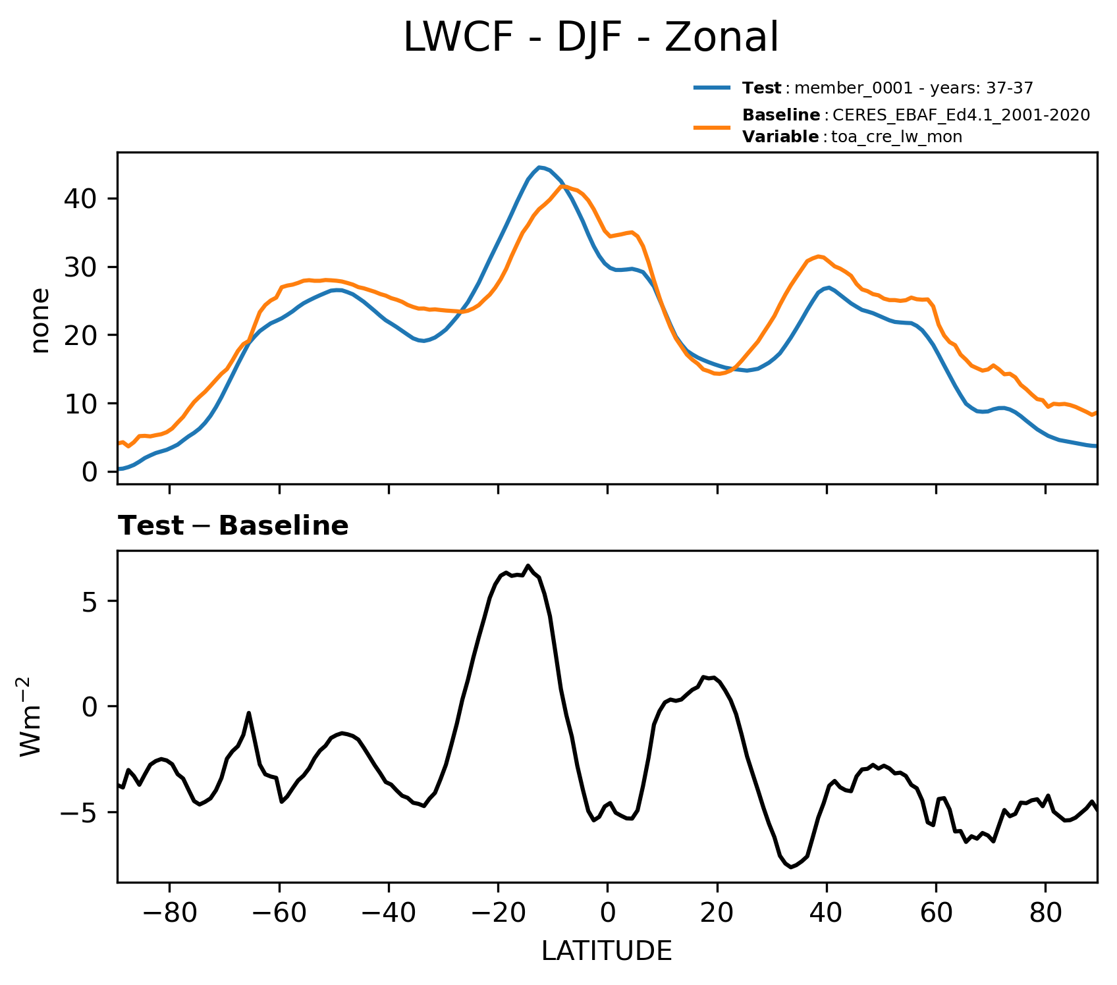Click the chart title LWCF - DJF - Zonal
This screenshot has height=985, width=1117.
coord(591,38)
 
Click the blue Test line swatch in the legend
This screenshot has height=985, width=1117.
coord(711,88)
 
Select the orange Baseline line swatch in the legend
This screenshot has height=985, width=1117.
coord(711,126)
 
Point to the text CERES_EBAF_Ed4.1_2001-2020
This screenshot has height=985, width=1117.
coord(961,115)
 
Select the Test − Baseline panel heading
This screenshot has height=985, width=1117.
coord(233,526)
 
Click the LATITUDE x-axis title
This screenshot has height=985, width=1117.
coord(607,951)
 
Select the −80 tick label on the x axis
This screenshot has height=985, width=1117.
coord(169,914)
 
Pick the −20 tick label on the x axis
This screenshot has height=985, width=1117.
coord(498,914)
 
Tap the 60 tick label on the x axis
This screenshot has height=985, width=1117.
coord(936,914)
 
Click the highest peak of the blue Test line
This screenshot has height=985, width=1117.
coord(539,167)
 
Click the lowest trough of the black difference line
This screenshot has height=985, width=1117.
coord(790,867)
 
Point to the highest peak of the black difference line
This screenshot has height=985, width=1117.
coord(528,566)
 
